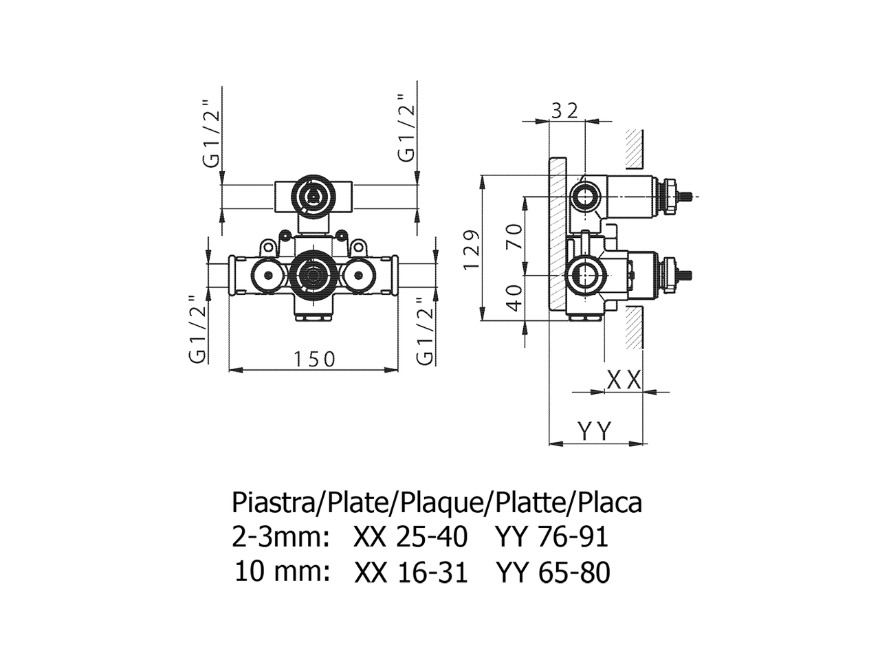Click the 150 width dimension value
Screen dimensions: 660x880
(314, 359)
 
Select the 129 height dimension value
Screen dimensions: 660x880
(472, 249)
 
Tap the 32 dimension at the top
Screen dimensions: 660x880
(564, 110)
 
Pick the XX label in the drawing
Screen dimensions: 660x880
(624, 379)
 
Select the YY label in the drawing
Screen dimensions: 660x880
(595, 431)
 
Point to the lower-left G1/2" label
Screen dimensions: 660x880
(197, 329)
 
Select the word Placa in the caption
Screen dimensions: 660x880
(610, 503)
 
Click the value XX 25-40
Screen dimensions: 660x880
(410, 537)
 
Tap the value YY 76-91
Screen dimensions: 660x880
(551, 537)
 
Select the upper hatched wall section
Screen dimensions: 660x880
(634, 148)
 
